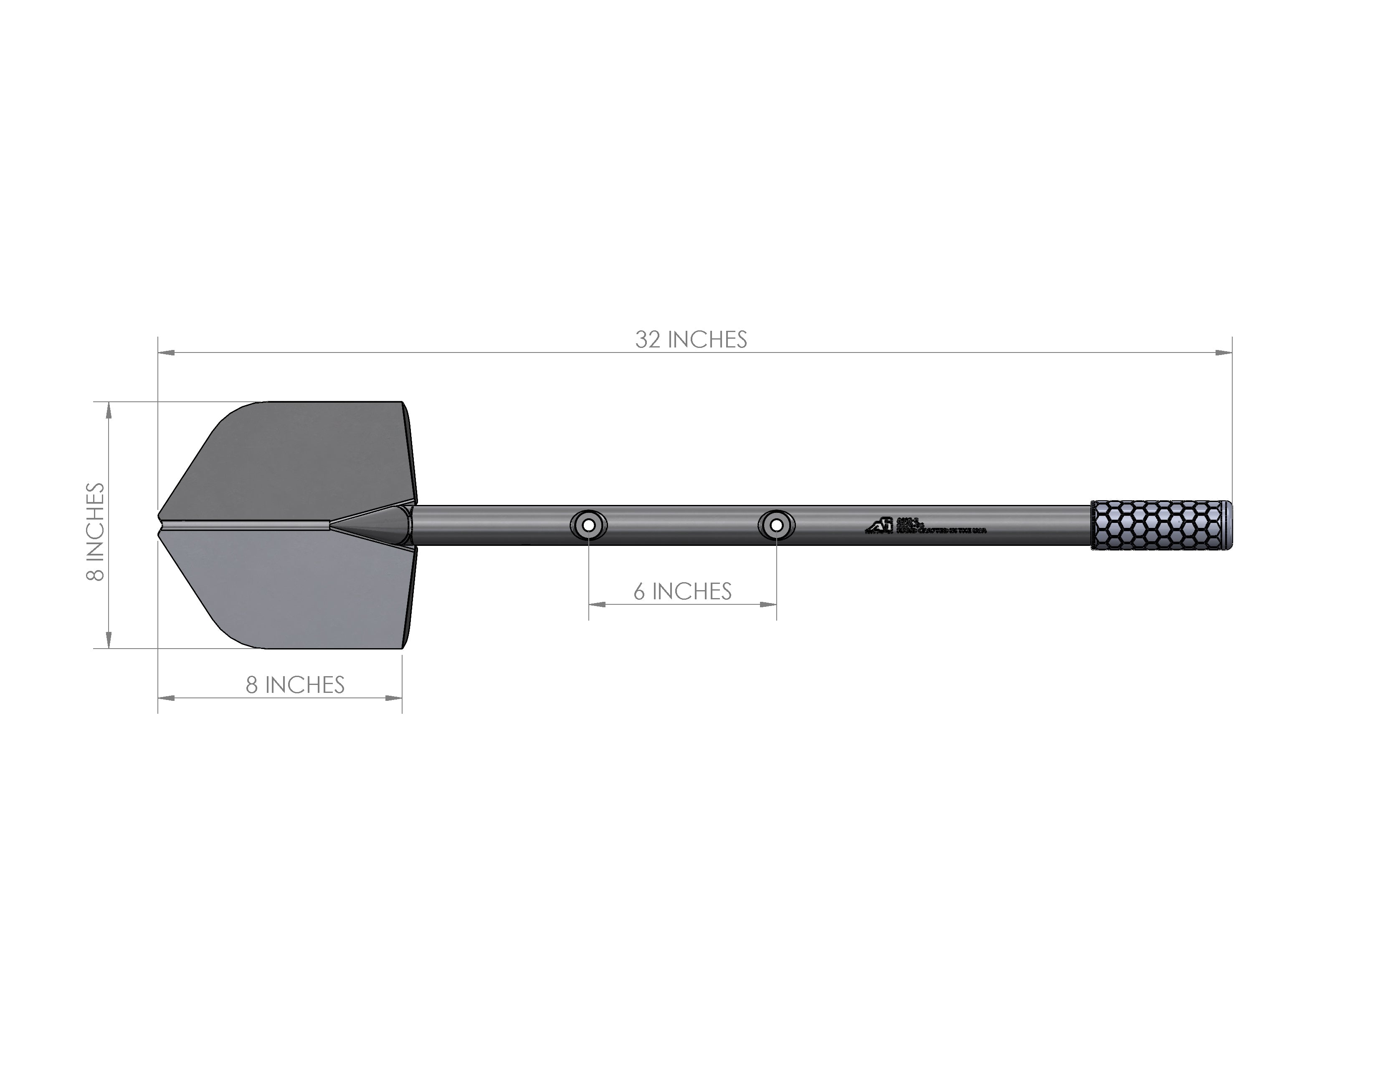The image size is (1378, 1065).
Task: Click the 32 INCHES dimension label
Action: (x=691, y=340)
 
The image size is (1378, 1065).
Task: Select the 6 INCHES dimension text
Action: (x=683, y=591)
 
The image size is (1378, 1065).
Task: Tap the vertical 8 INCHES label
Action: (x=95, y=531)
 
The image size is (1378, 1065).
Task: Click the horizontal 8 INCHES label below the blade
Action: (x=295, y=685)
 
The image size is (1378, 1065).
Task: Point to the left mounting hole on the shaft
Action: (x=589, y=525)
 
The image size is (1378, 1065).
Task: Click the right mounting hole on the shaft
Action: (x=776, y=525)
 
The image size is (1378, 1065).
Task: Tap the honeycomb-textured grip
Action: (x=1155, y=525)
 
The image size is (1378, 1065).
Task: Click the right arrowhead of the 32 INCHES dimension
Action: (x=1224, y=352)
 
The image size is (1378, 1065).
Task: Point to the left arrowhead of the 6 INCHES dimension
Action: (x=597, y=604)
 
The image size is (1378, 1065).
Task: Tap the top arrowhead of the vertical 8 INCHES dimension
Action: (x=109, y=410)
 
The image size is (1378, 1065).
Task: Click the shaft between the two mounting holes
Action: (x=683, y=525)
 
